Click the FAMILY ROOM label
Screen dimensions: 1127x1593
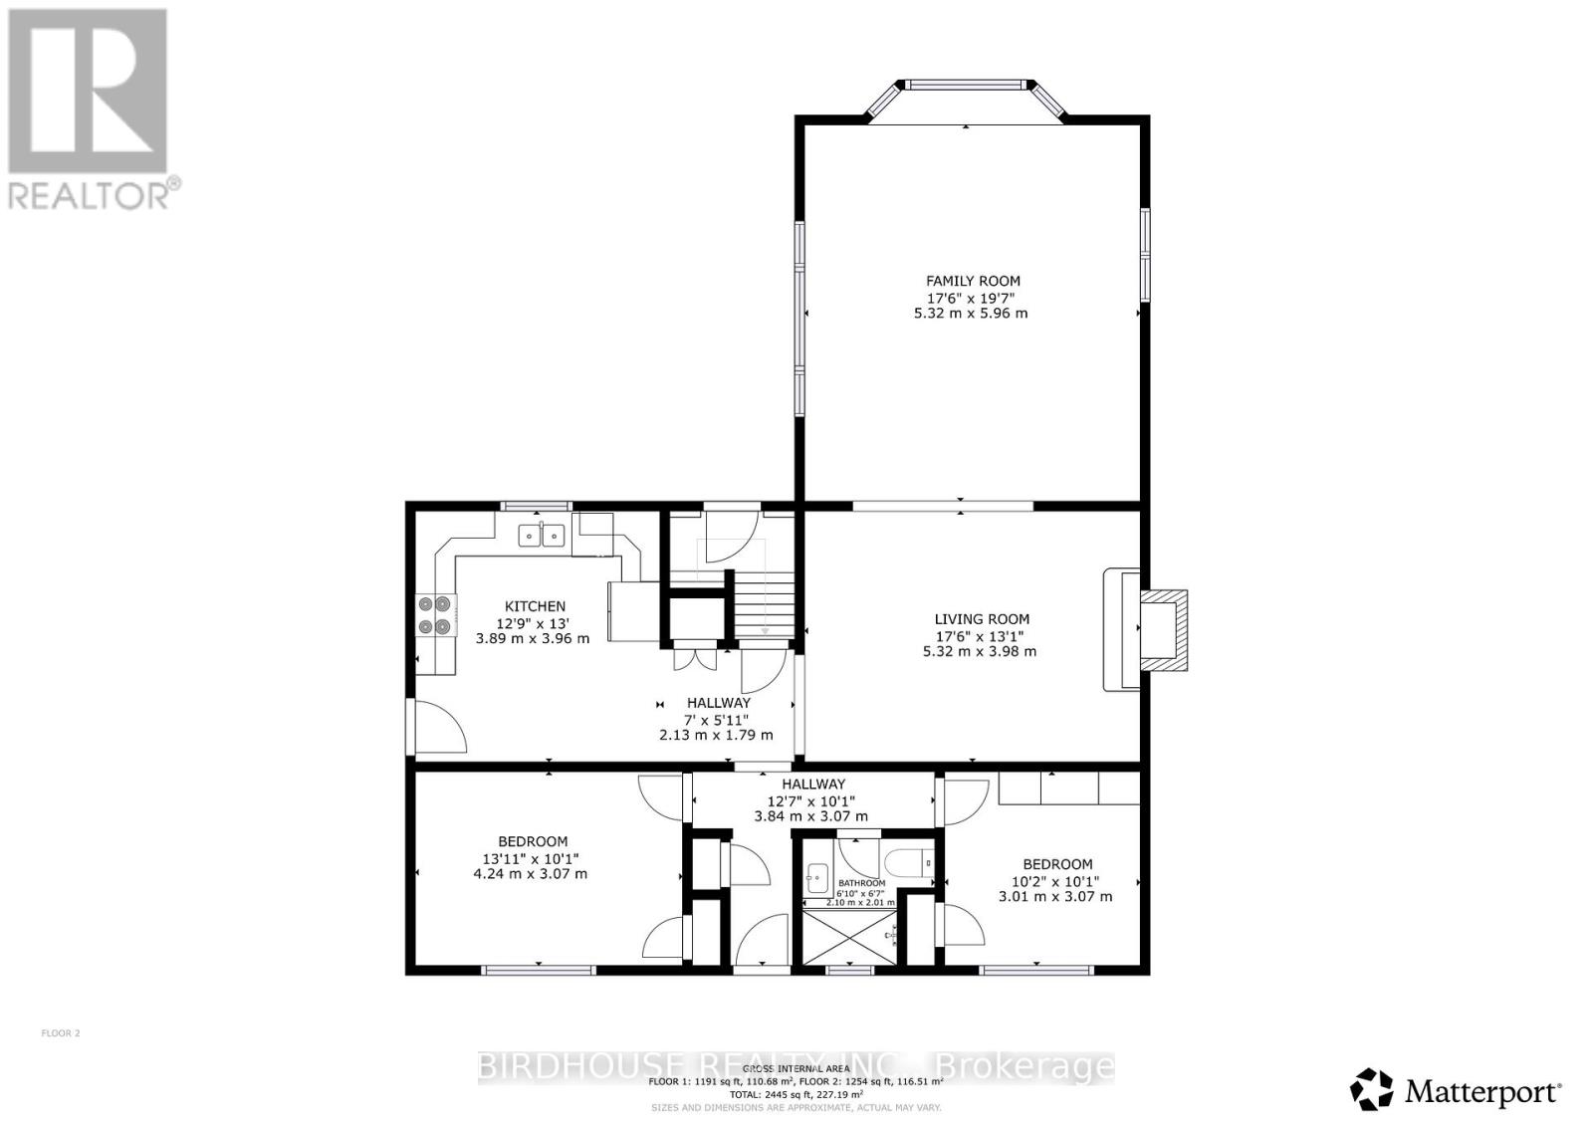click(x=973, y=282)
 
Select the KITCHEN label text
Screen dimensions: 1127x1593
click(x=535, y=606)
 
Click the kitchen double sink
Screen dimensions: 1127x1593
click(x=542, y=536)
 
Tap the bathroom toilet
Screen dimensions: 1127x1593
click(x=908, y=860)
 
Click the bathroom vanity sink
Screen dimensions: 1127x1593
click(x=817, y=877)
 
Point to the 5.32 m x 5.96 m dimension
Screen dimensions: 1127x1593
click(x=971, y=314)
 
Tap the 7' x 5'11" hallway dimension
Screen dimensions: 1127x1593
click(x=716, y=720)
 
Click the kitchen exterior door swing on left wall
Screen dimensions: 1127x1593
click(x=438, y=727)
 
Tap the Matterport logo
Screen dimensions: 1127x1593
click(x=1456, y=1090)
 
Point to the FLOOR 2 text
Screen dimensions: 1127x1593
click(x=61, y=1033)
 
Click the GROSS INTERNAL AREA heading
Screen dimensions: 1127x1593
click(x=796, y=1068)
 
